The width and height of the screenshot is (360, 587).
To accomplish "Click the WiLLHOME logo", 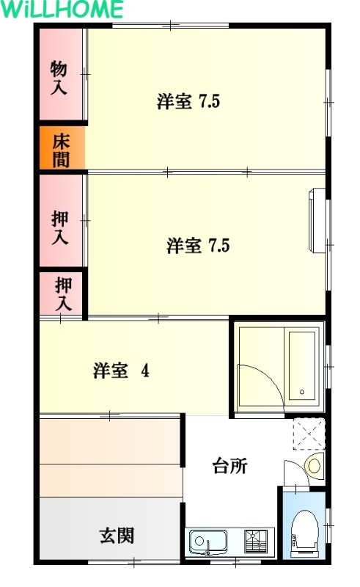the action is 62,9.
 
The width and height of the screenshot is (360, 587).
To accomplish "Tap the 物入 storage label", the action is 59,77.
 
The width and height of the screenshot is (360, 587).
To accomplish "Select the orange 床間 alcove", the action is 62,147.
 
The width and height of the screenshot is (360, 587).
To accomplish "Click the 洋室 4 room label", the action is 121,371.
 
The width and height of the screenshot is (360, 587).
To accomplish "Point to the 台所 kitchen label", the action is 229,466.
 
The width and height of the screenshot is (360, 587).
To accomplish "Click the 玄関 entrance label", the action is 117,536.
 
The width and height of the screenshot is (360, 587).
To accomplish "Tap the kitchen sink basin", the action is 207,542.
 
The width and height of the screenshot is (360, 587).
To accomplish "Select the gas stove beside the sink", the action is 256,541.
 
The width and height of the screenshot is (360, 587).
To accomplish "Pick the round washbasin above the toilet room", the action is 314,465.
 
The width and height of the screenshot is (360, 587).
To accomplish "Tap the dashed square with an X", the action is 309,434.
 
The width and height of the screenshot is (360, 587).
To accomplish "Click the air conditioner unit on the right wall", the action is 317,221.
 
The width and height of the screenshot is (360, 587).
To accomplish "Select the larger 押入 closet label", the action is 60,227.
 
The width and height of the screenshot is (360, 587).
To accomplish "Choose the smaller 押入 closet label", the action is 63,294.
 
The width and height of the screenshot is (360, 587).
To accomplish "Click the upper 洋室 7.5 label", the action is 188,101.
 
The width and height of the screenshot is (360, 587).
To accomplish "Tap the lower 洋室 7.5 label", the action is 198,245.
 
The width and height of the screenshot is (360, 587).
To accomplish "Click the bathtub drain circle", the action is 301,392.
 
